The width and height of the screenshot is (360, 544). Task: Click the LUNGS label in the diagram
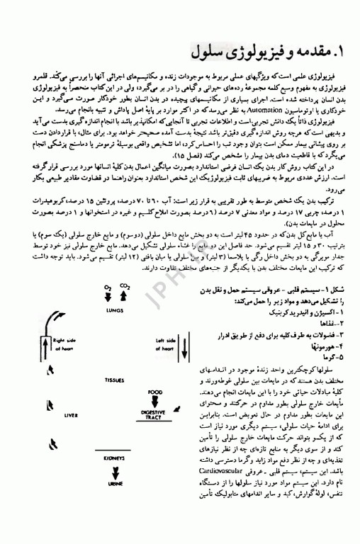pos(115,310)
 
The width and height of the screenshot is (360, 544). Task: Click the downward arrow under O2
pos(108,297)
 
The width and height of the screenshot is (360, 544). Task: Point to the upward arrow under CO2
pos(124,297)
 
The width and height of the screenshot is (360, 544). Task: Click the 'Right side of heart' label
pos(64,345)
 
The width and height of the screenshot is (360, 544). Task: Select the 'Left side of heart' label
pos(166,345)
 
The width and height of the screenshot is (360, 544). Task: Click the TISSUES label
pos(115,380)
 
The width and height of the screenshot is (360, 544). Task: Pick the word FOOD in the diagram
pos(155,392)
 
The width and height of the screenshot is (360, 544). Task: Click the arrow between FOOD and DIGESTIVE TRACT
pos(155,400)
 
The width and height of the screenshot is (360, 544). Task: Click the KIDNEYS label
pos(115,458)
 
